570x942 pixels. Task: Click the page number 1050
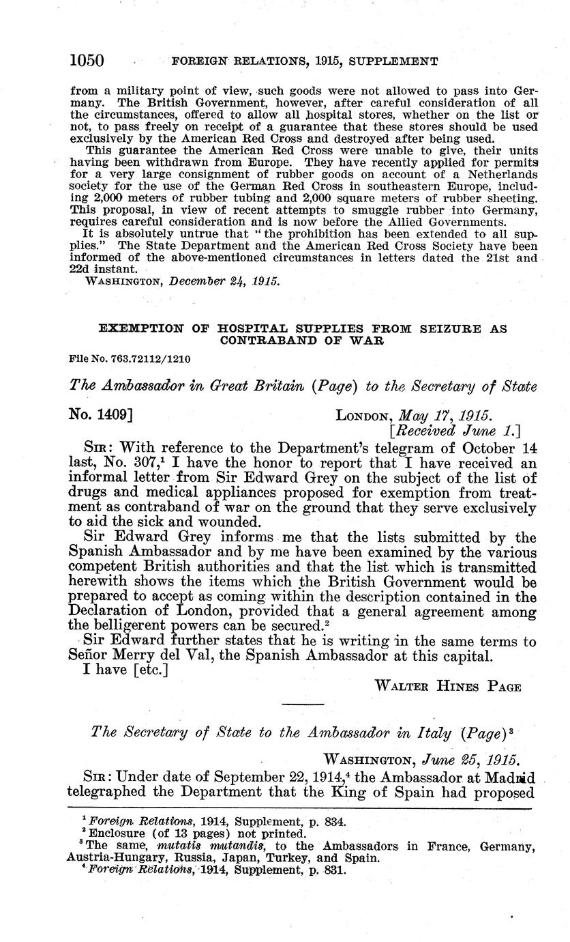point(87,61)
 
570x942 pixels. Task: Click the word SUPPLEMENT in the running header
point(393,61)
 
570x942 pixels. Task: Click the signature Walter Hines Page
point(449,687)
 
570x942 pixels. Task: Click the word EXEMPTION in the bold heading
point(141,328)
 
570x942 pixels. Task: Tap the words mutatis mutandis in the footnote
point(196,846)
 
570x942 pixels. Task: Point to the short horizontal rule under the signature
point(303,704)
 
